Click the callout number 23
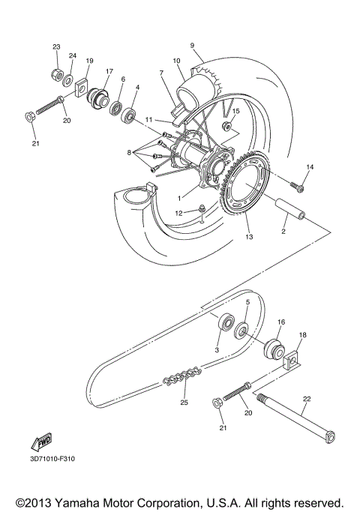tap(56, 47)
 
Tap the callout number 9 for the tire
tap(192, 45)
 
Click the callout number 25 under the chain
tap(184, 403)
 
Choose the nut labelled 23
tap(56, 73)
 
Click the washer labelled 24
tap(68, 79)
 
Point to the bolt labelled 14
tap(297, 181)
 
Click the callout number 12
tap(178, 213)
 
